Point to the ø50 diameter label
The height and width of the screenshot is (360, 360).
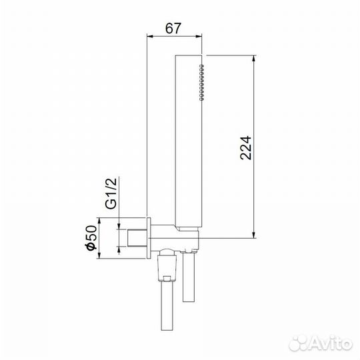click(93, 237)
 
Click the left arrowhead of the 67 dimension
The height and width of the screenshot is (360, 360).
click(149, 37)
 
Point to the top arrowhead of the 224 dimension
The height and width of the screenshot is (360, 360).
click(253, 59)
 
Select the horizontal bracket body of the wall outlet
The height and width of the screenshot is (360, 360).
click(177, 237)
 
